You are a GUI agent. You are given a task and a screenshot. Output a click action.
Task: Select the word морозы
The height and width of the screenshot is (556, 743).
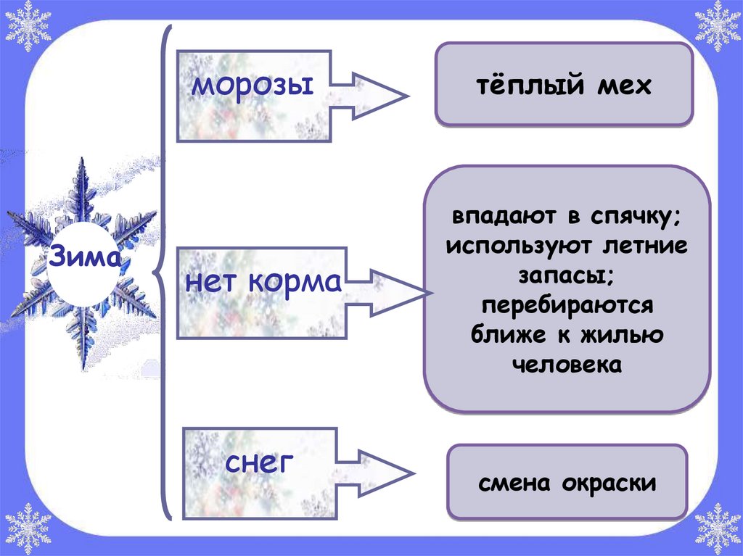pos(252,86)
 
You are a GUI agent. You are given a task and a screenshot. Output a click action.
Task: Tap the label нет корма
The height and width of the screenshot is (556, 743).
pos(263,281)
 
